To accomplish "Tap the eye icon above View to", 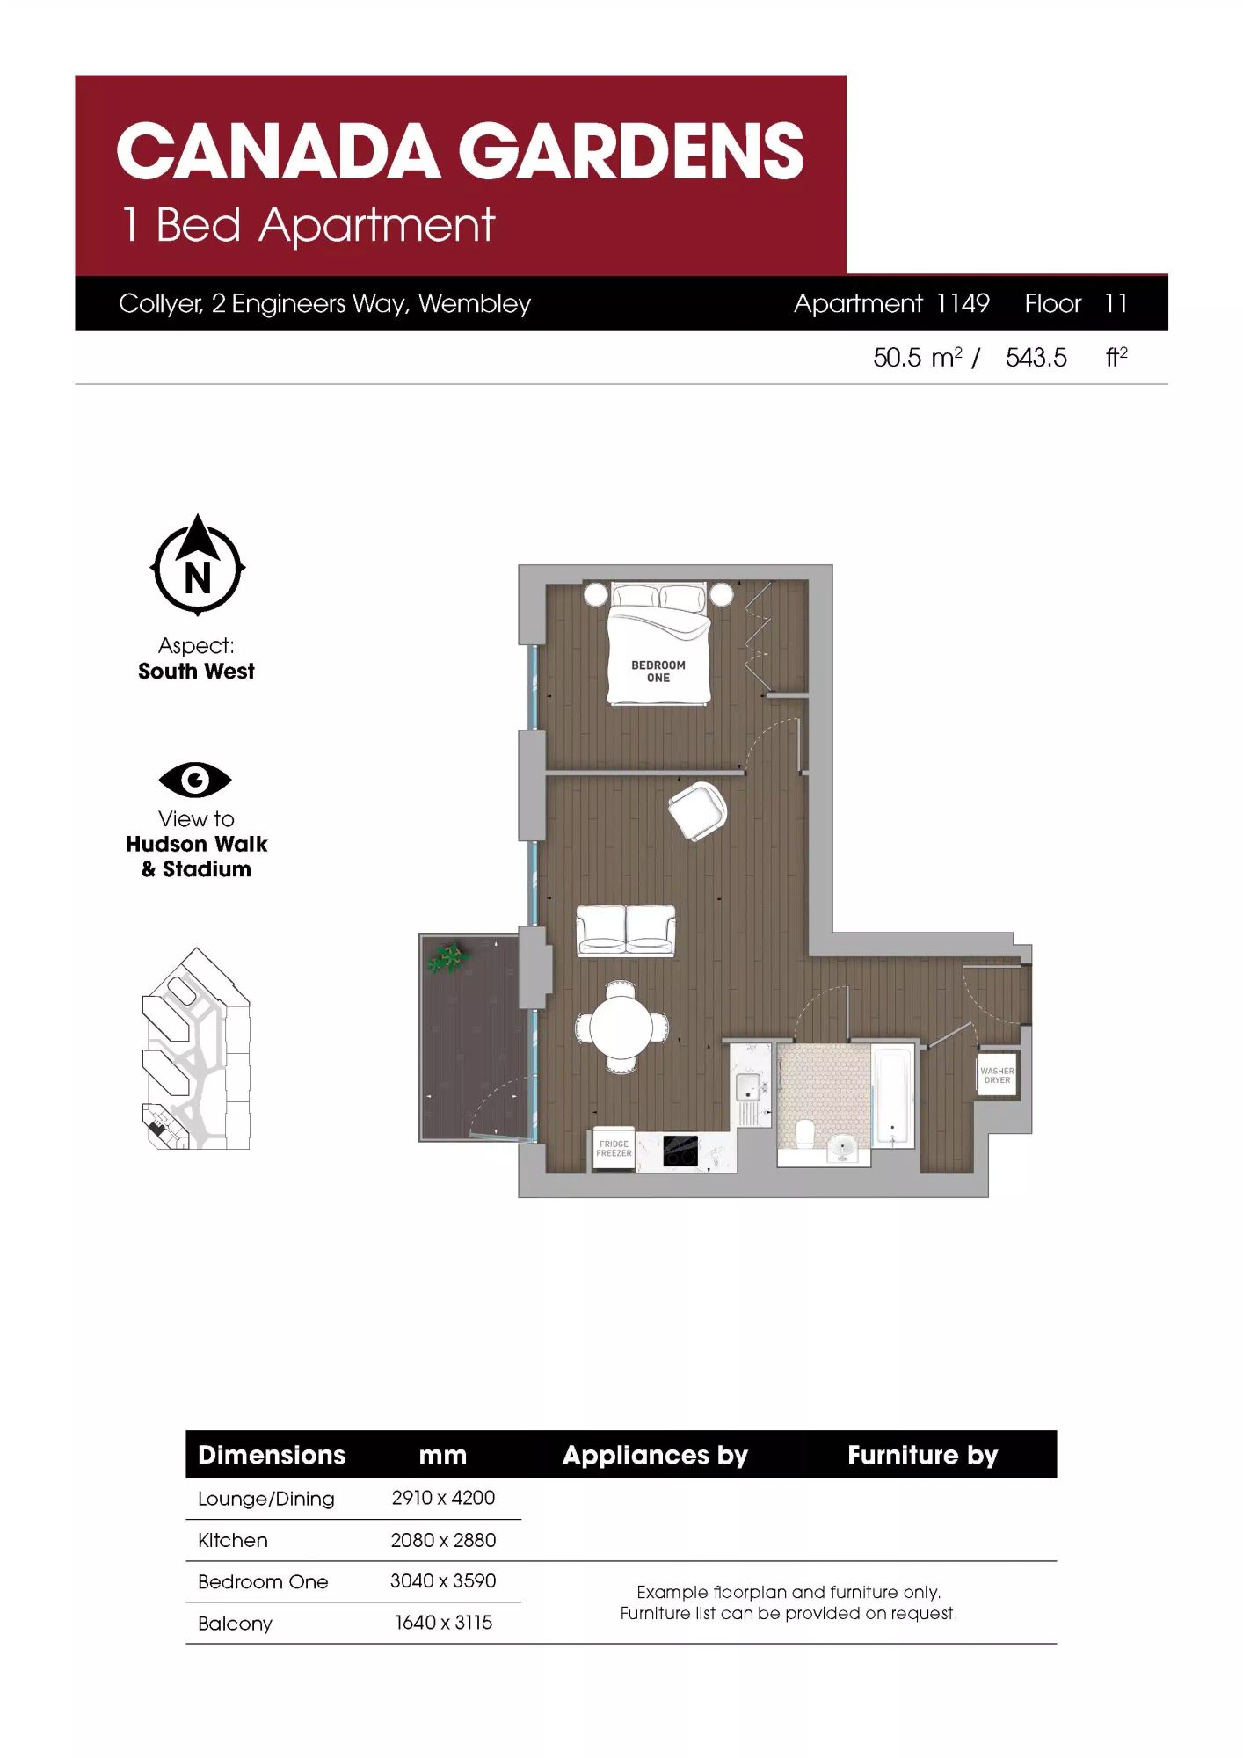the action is point(195,780).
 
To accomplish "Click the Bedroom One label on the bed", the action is point(658,671).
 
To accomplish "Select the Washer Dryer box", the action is point(997,1074).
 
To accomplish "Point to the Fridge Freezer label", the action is point(614,1149).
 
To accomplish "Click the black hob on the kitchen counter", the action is point(680,1151).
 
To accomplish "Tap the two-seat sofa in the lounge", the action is point(626,930).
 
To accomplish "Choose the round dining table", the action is point(621,1026).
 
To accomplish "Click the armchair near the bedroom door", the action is point(697,810).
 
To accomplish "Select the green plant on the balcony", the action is point(447,957).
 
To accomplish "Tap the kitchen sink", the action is point(748,1086).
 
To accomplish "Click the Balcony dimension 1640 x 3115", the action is point(443,1623).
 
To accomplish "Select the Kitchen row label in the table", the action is point(233,1540).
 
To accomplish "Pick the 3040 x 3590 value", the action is point(443,1580).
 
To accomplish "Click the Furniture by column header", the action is point(923,1455).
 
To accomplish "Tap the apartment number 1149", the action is point(963,303).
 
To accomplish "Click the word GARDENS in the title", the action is point(630,150).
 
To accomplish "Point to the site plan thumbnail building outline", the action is point(196,1049).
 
